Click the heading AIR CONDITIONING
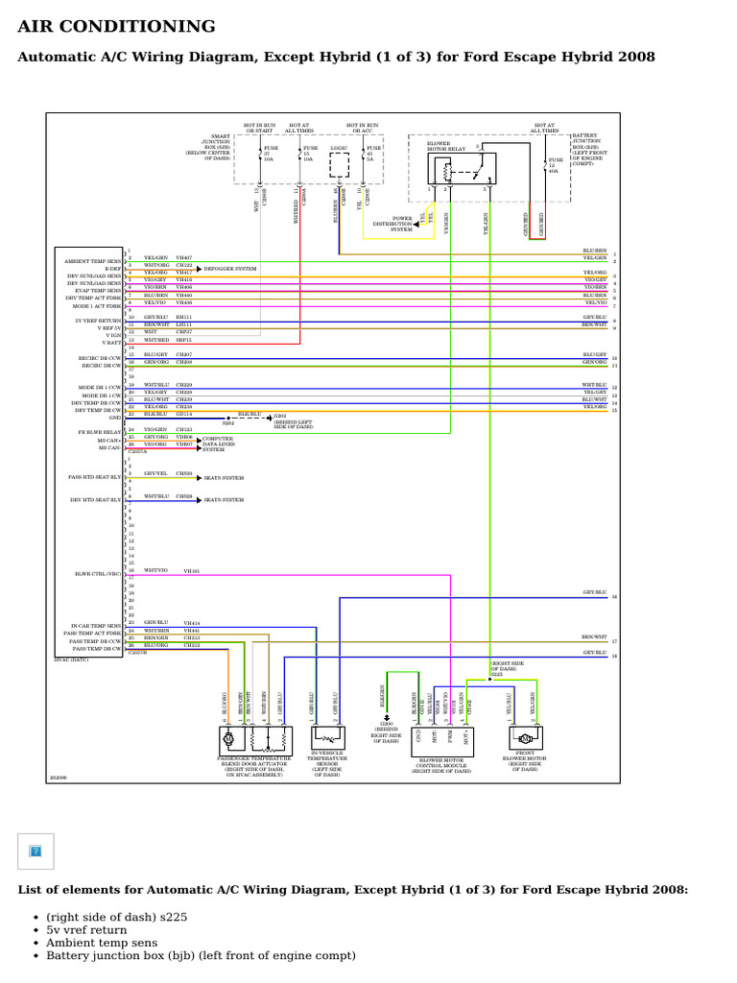tap(117, 27)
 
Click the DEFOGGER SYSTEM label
tap(230, 270)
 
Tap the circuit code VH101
tap(191, 571)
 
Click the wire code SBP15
tap(183, 340)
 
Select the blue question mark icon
tap(36, 851)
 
